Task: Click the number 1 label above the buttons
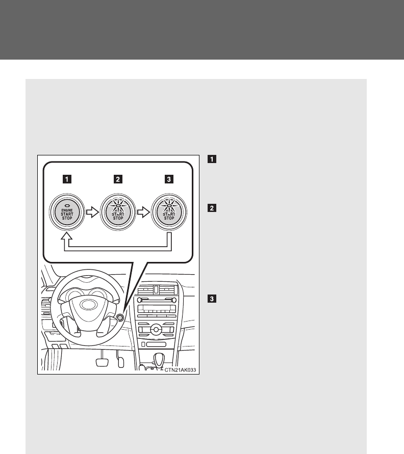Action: [x=67, y=179]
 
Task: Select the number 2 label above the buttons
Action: [x=118, y=179]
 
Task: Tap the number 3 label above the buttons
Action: [x=169, y=179]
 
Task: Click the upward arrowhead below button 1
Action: [x=67, y=237]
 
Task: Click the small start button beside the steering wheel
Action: [x=120, y=318]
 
